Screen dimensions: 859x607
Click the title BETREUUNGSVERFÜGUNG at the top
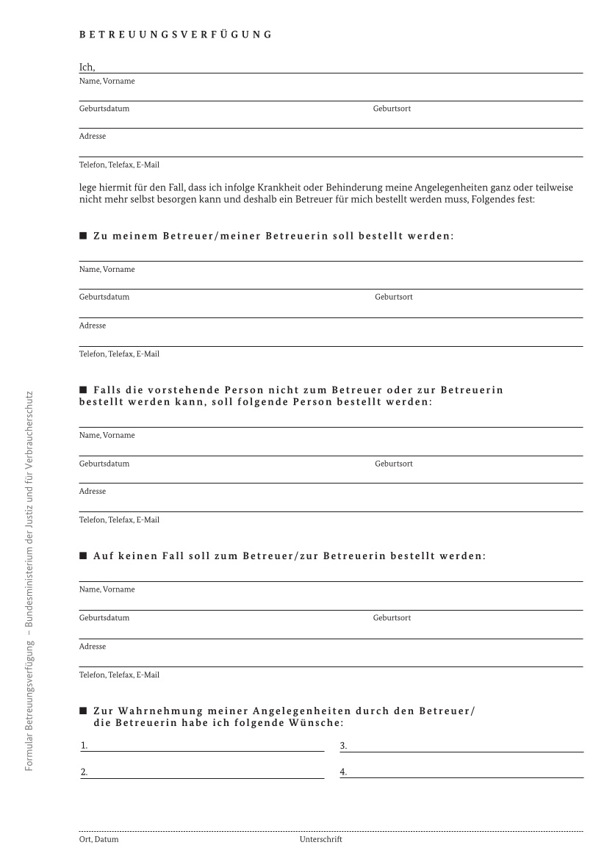175,34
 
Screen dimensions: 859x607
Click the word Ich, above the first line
87,68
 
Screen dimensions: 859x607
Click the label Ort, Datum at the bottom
98,838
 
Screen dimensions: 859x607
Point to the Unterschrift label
320,838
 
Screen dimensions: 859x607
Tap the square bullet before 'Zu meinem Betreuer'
83,236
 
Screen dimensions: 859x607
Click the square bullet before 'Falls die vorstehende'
83,389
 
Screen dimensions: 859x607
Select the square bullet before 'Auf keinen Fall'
83,556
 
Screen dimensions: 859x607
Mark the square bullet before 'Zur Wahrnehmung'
83,711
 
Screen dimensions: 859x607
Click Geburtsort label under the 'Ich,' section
392,108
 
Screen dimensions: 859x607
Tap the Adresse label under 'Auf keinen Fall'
93,647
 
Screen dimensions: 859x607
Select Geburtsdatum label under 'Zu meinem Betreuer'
104,297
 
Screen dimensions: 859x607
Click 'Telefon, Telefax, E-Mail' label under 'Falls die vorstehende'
119,520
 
